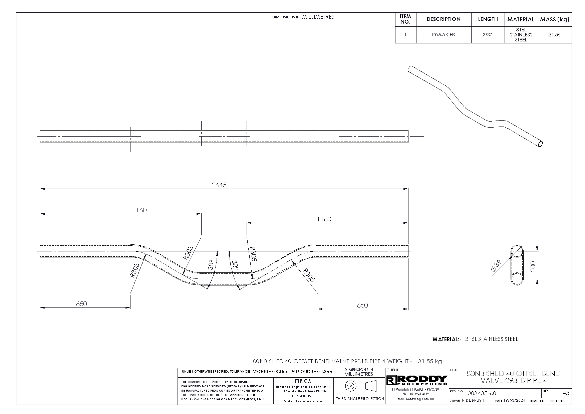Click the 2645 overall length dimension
pyautogui.click(x=219, y=185)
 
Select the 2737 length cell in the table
pyautogui.click(x=487, y=34)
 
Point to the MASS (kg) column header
pyautogui.click(x=554, y=19)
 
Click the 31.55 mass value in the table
pyautogui.click(x=554, y=35)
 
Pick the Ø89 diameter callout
pyautogui.click(x=496, y=267)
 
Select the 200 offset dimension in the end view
pyautogui.click(x=533, y=266)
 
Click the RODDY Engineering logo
pyautogui.click(x=417, y=380)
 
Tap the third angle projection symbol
pyautogui.click(x=360, y=386)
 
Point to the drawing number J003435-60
pyautogui.click(x=481, y=393)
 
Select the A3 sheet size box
pyautogui.click(x=566, y=393)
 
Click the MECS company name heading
pyautogui.click(x=303, y=381)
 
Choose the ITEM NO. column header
pyautogui.click(x=405, y=19)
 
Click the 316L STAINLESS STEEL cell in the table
pyautogui.click(x=521, y=35)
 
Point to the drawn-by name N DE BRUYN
pyautogui.click(x=473, y=401)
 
